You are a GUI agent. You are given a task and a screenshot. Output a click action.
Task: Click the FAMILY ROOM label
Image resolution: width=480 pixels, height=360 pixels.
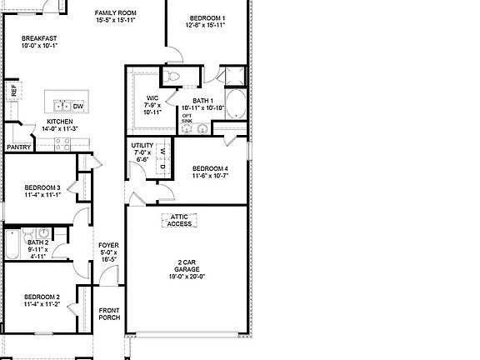pyautogui.click(x=115, y=13)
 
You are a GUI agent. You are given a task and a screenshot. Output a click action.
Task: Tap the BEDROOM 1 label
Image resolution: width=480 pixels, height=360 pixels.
pyautogui.click(x=207, y=18)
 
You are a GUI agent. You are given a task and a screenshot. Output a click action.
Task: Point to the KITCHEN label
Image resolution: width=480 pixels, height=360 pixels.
pyautogui.click(x=59, y=121)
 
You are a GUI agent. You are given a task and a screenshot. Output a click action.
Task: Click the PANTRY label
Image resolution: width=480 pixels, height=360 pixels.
pyautogui.click(x=18, y=147)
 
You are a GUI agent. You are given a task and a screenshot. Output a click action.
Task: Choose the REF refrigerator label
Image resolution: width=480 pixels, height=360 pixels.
pyautogui.click(x=13, y=89)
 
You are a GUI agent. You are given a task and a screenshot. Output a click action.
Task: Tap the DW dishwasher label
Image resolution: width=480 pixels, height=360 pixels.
pyautogui.click(x=77, y=106)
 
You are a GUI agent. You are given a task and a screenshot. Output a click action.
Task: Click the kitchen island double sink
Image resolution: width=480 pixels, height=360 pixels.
pyautogui.click(x=61, y=106)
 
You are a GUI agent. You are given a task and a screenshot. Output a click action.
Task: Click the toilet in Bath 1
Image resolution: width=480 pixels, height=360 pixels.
pyautogui.click(x=173, y=77)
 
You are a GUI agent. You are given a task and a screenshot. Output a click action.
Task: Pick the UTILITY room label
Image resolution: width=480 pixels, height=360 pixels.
pyautogui.click(x=142, y=146)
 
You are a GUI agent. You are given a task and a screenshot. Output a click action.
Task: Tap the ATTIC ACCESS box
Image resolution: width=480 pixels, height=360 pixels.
pyautogui.click(x=179, y=221)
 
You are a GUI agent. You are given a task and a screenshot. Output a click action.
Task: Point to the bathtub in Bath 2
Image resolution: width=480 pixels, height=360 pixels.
pyautogui.click(x=14, y=245)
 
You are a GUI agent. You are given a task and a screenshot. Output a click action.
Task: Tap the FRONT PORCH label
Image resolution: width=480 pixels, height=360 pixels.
pyautogui.click(x=109, y=313)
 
